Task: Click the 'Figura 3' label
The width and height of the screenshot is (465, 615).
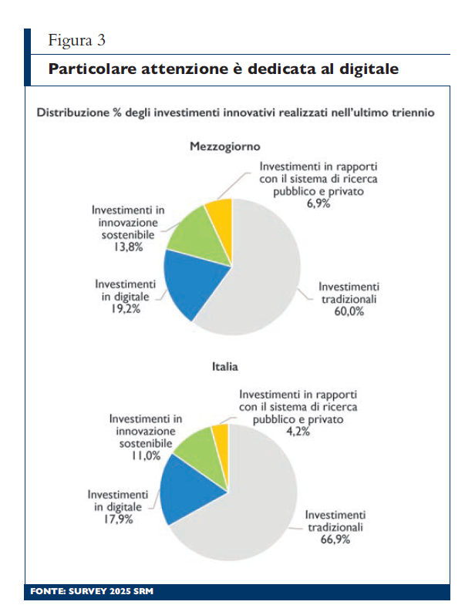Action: (x=76, y=39)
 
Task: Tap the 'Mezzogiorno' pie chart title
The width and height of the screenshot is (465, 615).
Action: (x=225, y=146)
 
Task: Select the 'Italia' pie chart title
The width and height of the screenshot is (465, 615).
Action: (x=224, y=368)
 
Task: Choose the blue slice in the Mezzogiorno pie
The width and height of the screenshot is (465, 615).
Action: (x=185, y=284)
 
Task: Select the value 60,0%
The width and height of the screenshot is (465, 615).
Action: (x=348, y=312)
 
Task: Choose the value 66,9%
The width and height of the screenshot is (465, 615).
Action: (x=335, y=540)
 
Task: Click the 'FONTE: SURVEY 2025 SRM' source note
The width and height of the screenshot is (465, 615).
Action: (x=93, y=592)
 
